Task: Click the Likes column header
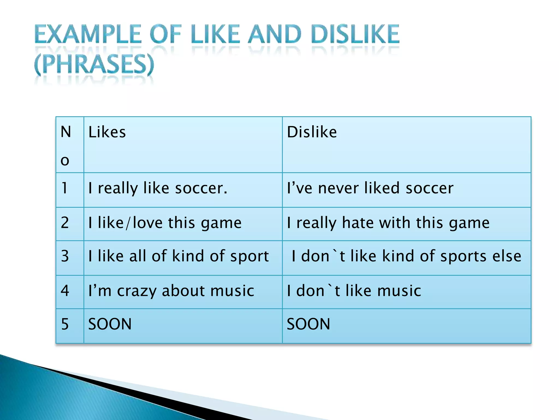(107, 132)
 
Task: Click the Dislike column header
(312, 132)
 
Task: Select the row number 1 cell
(65, 188)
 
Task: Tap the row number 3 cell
(65, 256)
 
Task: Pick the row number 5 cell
(65, 324)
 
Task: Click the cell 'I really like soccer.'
(158, 188)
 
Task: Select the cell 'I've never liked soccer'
(370, 188)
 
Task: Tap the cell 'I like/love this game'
(165, 223)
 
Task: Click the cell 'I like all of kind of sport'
(179, 256)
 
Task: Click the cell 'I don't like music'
(354, 291)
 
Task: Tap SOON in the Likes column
(110, 324)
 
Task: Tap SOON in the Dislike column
(308, 324)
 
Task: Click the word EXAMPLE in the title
(88, 34)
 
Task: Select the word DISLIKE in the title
(355, 34)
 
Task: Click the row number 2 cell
(65, 223)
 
